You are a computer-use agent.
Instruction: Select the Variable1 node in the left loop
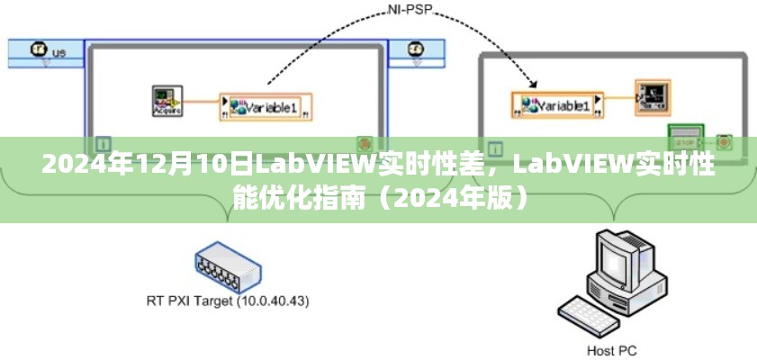pos(266,106)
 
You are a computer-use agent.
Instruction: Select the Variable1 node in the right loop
pos(557,105)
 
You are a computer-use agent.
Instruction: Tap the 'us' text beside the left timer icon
pos(59,52)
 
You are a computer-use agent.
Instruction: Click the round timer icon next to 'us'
pos(38,50)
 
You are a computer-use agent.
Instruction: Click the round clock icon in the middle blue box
pos(416,49)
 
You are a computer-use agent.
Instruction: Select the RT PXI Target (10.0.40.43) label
pos(227,300)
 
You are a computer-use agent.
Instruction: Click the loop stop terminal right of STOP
pos(723,141)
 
